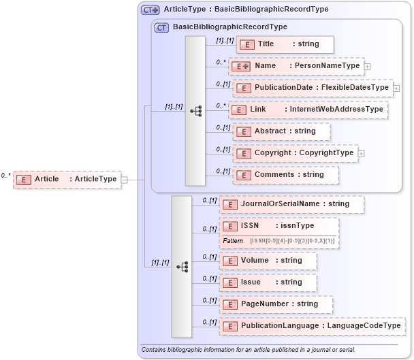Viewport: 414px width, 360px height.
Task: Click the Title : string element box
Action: (285, 44)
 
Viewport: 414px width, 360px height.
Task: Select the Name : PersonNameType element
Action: (297, 66)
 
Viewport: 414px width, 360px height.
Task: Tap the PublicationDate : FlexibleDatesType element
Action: (313, 88)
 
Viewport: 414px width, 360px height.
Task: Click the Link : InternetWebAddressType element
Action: (308, 110)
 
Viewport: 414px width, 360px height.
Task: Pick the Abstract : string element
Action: (281, 131)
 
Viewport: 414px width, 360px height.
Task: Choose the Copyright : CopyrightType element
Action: (295, 153)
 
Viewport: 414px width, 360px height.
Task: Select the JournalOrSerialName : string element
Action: (291, 203)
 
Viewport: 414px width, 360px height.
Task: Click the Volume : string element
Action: (268, 261)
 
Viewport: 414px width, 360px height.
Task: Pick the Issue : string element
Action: (268, 282)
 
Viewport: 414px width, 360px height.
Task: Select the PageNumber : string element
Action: (276, 304)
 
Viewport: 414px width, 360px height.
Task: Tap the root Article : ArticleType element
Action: (67, 179)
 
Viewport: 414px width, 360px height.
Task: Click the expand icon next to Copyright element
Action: (361, 153)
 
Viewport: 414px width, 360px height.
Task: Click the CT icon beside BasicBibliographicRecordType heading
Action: (161, 27)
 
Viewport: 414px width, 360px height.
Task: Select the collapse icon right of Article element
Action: (124, 180)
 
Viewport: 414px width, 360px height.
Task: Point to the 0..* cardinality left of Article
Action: (5, 176)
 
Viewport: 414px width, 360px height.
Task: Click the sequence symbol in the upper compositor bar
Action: (195, 110)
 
